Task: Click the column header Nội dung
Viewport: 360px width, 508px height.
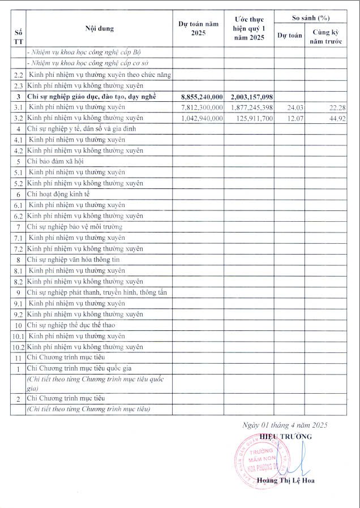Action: pos(99,28)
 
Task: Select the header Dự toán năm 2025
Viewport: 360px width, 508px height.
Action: pos(198,28)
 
